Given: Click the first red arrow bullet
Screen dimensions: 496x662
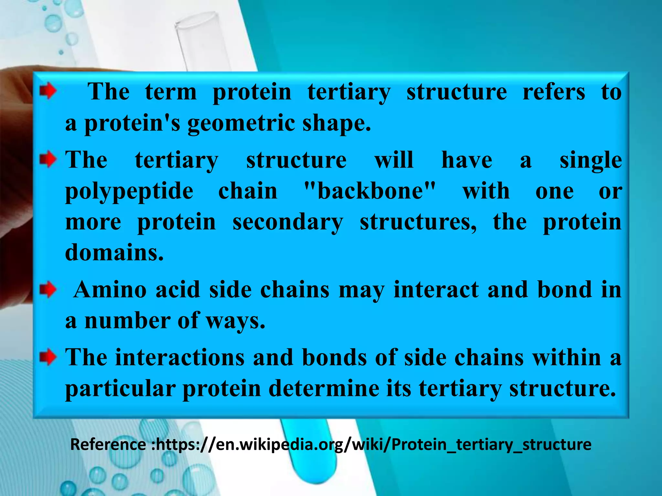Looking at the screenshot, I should click(48, 92).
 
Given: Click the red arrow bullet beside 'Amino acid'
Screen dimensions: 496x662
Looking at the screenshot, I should click(48, 289).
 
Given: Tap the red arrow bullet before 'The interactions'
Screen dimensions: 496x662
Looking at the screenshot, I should click(48, 357).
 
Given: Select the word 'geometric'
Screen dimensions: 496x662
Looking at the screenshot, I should click(241, 123).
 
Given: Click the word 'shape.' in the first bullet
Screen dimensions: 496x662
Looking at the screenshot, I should click(336, 123).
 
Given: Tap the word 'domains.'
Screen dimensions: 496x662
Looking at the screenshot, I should click(114, 252).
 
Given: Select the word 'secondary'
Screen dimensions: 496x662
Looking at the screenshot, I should click(288, 222).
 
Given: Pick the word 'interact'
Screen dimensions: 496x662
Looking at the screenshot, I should click(436, 289).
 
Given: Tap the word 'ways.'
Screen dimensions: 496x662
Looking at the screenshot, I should click(236, 321).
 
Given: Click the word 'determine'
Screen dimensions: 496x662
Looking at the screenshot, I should click(324, 388).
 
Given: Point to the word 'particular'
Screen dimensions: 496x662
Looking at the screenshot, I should click(120, 389).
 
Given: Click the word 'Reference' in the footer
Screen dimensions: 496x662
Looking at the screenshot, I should click(108, 444).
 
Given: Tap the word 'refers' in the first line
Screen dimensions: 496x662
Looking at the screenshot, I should click(554, 92).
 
